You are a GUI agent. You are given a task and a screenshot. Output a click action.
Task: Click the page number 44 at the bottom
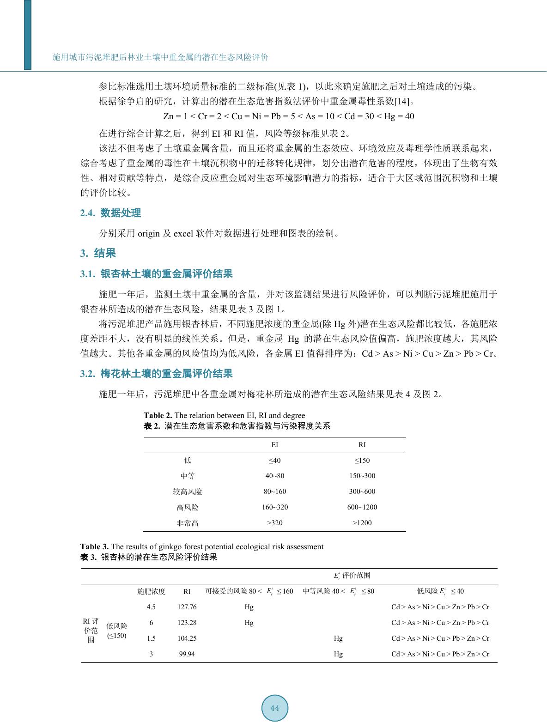coord(275,708)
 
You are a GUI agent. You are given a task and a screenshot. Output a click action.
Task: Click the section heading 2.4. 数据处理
coord(110,213)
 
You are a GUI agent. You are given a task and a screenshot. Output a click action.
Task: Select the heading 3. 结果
coord(98,253)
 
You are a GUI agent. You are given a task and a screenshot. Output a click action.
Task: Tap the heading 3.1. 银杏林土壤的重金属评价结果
coord(156,274)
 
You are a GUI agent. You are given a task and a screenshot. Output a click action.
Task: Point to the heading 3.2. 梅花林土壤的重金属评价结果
coord(156,373)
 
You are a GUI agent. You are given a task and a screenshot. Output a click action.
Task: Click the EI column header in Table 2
coord(274,445)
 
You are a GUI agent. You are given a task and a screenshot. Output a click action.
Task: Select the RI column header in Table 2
coord(362,445)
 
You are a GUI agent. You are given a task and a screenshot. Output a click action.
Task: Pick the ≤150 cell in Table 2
coord(362,461)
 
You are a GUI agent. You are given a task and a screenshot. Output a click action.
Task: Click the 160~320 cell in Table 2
coord(274,507)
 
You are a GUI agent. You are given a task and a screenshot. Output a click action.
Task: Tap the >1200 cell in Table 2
coord(362,523)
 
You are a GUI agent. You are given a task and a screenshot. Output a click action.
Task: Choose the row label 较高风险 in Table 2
coord(187,491)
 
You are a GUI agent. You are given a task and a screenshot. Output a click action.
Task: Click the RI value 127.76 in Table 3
coord(187,607)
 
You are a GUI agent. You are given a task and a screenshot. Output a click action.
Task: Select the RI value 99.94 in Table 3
coord(187,654)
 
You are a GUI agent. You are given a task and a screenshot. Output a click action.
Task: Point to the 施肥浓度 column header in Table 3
coord(151,591)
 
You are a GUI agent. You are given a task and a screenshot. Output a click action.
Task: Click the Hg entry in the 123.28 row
coord(249,623)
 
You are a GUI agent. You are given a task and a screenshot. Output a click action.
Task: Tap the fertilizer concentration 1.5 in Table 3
coord(151,638)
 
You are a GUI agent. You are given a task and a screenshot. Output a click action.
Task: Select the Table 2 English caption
coord(225,415)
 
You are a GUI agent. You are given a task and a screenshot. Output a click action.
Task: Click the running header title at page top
coord(160,57)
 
